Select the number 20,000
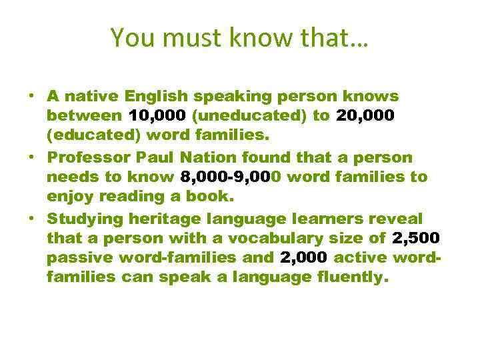(x=367, y=116)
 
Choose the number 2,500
(x=416, y=239)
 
